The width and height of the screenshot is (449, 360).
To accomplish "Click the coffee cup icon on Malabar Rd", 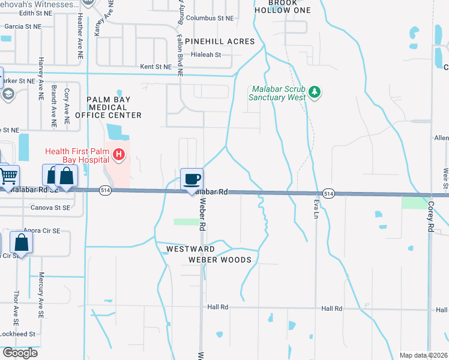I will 191,179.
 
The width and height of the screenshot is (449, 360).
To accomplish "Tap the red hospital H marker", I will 119,155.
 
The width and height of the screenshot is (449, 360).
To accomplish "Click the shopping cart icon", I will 8,176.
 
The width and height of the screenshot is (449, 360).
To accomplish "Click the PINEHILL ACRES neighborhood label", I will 220,41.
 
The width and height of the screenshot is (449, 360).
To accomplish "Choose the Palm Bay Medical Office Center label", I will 114,107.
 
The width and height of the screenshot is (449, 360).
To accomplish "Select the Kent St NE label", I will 155,67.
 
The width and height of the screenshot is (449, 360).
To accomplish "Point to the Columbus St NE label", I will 209,19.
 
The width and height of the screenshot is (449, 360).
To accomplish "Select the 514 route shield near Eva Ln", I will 328,194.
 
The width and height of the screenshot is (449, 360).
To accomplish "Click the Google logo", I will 20,352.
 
